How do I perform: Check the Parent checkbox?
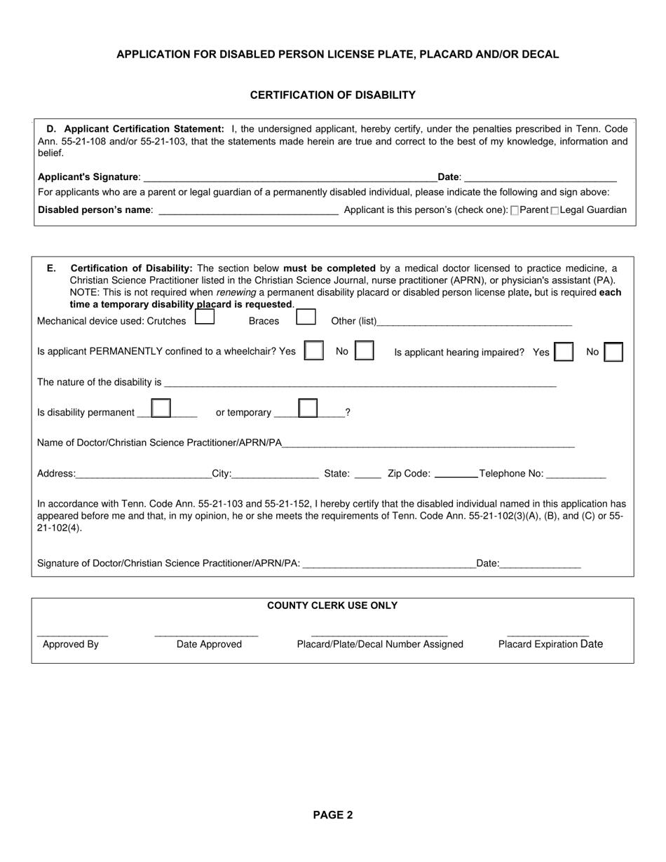pos(515,211)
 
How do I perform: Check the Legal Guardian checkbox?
pos(555,211)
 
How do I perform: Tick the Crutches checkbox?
pos(204,317)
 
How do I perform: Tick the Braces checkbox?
pos(306,317)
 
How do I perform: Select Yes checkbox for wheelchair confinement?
pos(313,350)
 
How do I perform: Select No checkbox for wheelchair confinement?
pos(364,350)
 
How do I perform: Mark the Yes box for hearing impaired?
pos(564,352)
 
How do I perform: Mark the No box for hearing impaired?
pos(613,352)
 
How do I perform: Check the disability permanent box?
pos(161,409)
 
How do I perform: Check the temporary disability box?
pos(308,409)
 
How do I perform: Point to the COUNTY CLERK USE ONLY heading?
pos(332,606)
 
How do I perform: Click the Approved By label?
pos(71,644)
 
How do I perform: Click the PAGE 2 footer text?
pos(332,815)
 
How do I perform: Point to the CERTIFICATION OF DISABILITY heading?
pos(332,95)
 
